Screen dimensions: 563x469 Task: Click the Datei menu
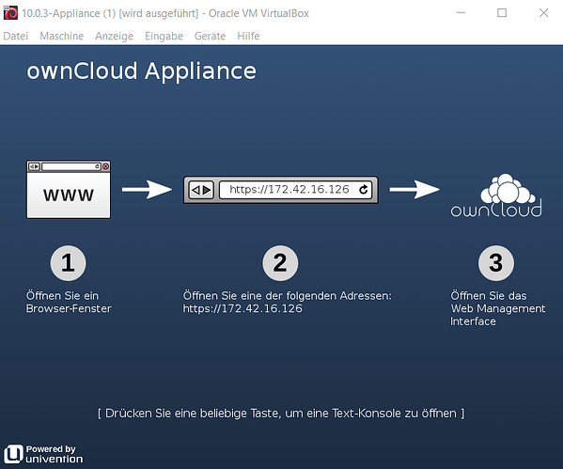click(15, 36)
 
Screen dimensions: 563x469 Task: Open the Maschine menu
click(61, 36)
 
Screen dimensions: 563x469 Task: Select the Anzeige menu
click(114, 37)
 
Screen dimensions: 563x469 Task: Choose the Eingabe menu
click(164, 37)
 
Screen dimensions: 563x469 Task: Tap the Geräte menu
click(210, 36)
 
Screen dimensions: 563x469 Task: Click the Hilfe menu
click(248, 36)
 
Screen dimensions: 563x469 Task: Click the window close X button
click(543, 13)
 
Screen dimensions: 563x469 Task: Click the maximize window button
click(502, 13)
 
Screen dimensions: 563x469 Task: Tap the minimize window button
click(461, 13)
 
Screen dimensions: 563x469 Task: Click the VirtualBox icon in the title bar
click(10, 13)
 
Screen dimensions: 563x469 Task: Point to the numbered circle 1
click(68, 263)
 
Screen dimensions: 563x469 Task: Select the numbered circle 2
click(280, 263)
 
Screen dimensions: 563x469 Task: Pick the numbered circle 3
click(496, 263)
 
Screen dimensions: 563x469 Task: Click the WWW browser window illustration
click(69, 189)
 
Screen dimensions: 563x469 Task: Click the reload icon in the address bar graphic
click(364, 189)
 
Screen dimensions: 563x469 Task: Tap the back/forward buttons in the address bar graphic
click(201, 190)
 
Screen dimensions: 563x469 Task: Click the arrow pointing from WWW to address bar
click(147, 189)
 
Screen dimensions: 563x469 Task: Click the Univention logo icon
click(14, 454)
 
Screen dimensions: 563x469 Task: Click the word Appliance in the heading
click(200, 71)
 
